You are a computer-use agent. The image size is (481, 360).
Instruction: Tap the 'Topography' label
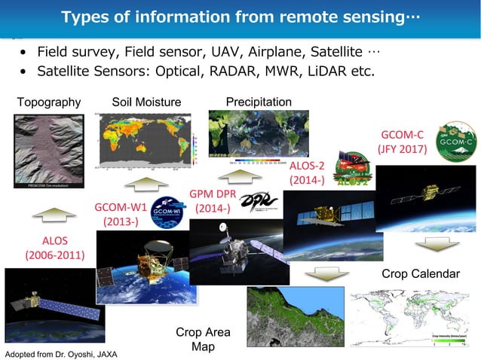click(48, 102)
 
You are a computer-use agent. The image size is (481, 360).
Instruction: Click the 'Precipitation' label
click(259, 102)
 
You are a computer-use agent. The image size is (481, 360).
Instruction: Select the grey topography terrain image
click(49, 150)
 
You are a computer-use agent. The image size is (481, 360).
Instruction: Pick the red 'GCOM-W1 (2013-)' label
click(121, 214)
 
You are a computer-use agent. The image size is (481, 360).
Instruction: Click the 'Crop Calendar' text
click(420, 273)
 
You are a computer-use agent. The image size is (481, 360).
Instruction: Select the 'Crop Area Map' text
click(203, 339)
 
